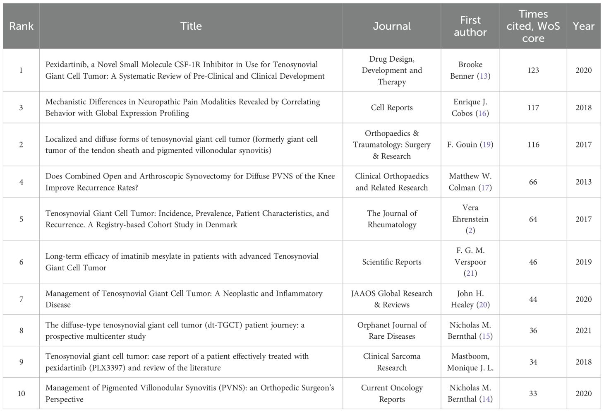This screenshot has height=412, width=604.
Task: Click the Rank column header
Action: pyautogui.click(x=21, y=26)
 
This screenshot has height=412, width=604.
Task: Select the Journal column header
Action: pyautogui.click(x=391, y=26)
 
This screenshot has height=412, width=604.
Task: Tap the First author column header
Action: pyautogui.click(x=470, y=26)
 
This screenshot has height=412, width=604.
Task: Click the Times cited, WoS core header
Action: pyautogui.click(x=533, y=26)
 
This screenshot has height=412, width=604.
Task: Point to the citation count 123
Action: pyautogui.click(x=533, y=70)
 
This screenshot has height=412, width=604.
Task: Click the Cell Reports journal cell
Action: pyautogui.click(x=391, y=108)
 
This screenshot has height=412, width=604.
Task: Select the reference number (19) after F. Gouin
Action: pyautogui.click(x=486, y=145)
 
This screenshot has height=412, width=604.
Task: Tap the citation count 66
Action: pyautogui.click(x=533, y=182)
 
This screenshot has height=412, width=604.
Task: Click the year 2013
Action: pyautogui.click(x=583, y=182)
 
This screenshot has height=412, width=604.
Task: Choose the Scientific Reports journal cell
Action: pyautogui.click(x=391, y=262)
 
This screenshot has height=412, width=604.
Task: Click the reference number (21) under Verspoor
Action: pyautogui.click(x=470, y=273)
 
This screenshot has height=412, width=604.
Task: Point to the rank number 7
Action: pyautogui.click(x=21, y=299)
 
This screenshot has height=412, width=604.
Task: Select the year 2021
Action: pyautogui.click(x=583, y=330)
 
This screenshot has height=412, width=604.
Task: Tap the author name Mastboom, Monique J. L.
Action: pyautogui.click(x=470, y=362)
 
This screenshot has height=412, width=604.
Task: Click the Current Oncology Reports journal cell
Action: pyautogui.click(x=391, y=393)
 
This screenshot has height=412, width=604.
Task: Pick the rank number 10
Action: pyautogui.click(x=21, y=393)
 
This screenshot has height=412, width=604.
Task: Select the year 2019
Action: pyautogui.click(x=583, y=262)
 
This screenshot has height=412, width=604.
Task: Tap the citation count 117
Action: pyautogui.click(x=533, y=108)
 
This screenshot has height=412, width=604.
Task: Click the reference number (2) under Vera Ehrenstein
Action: pyautogui.click(x=470, y=231)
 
